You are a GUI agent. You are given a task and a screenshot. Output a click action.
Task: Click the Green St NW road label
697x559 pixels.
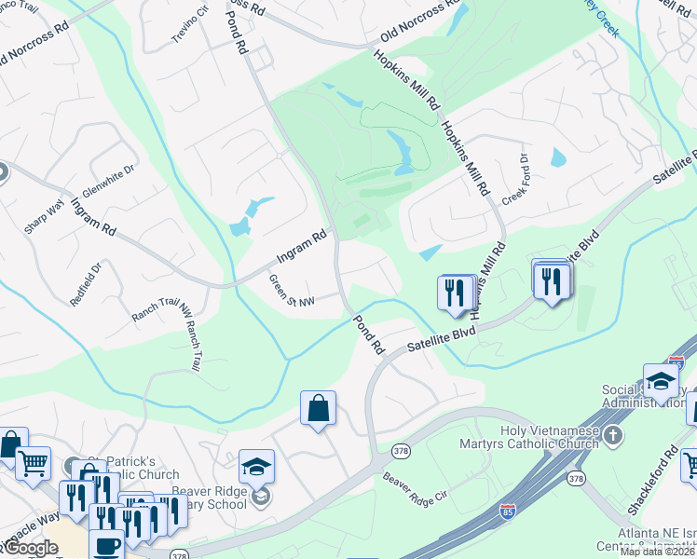tap(292, 290)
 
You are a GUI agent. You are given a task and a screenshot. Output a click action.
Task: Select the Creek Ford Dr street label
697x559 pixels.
tap(515, 180)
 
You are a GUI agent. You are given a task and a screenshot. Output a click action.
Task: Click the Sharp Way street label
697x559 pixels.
tap(45, 215)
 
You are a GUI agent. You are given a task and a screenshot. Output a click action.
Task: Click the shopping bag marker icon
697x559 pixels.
tap(318, 408)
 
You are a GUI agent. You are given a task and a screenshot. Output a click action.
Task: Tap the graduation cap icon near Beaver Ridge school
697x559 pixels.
tap(257, 466)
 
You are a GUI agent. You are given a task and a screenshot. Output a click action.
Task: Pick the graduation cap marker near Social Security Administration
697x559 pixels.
tap(661, 381)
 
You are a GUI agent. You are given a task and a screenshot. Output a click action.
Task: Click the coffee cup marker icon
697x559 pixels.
tap(106, 545)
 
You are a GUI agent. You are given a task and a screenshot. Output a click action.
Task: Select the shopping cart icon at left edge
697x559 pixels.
tap(34, 461)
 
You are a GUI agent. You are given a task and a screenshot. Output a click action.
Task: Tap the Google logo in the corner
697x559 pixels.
tap(31, 547)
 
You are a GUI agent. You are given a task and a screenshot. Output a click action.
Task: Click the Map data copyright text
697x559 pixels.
tap(658, 552)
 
